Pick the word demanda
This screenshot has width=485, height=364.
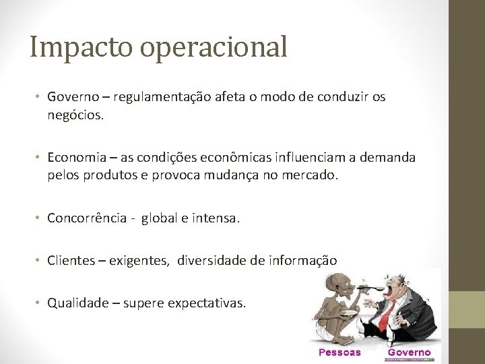[387, 158]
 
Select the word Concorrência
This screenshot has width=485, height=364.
[87, 218]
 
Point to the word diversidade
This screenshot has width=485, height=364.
[210, 260]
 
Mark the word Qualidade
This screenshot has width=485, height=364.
[74, 303]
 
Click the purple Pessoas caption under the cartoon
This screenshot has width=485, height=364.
[339, 352]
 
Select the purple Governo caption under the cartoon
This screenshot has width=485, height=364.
[409, 352]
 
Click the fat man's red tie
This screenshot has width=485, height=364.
[385, 317]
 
